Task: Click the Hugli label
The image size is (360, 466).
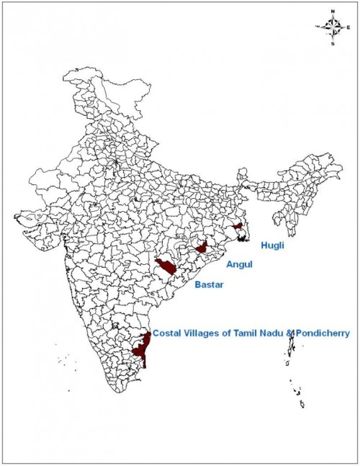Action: point(272,246)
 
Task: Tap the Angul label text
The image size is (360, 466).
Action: point(239,265)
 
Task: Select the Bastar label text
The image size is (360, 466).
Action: point(208,285)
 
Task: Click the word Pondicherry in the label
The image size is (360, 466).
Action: point(322,334)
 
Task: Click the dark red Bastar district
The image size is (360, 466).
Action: point(167,266)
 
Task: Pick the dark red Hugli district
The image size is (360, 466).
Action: point(237,226)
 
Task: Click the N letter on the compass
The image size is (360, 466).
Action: point(333,12)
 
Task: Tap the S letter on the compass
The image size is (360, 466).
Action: point(333,43)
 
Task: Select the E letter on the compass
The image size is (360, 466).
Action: point(348,27)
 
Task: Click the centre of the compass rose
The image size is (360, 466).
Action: point(333,27)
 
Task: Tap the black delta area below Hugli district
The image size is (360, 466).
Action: point(243,237)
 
